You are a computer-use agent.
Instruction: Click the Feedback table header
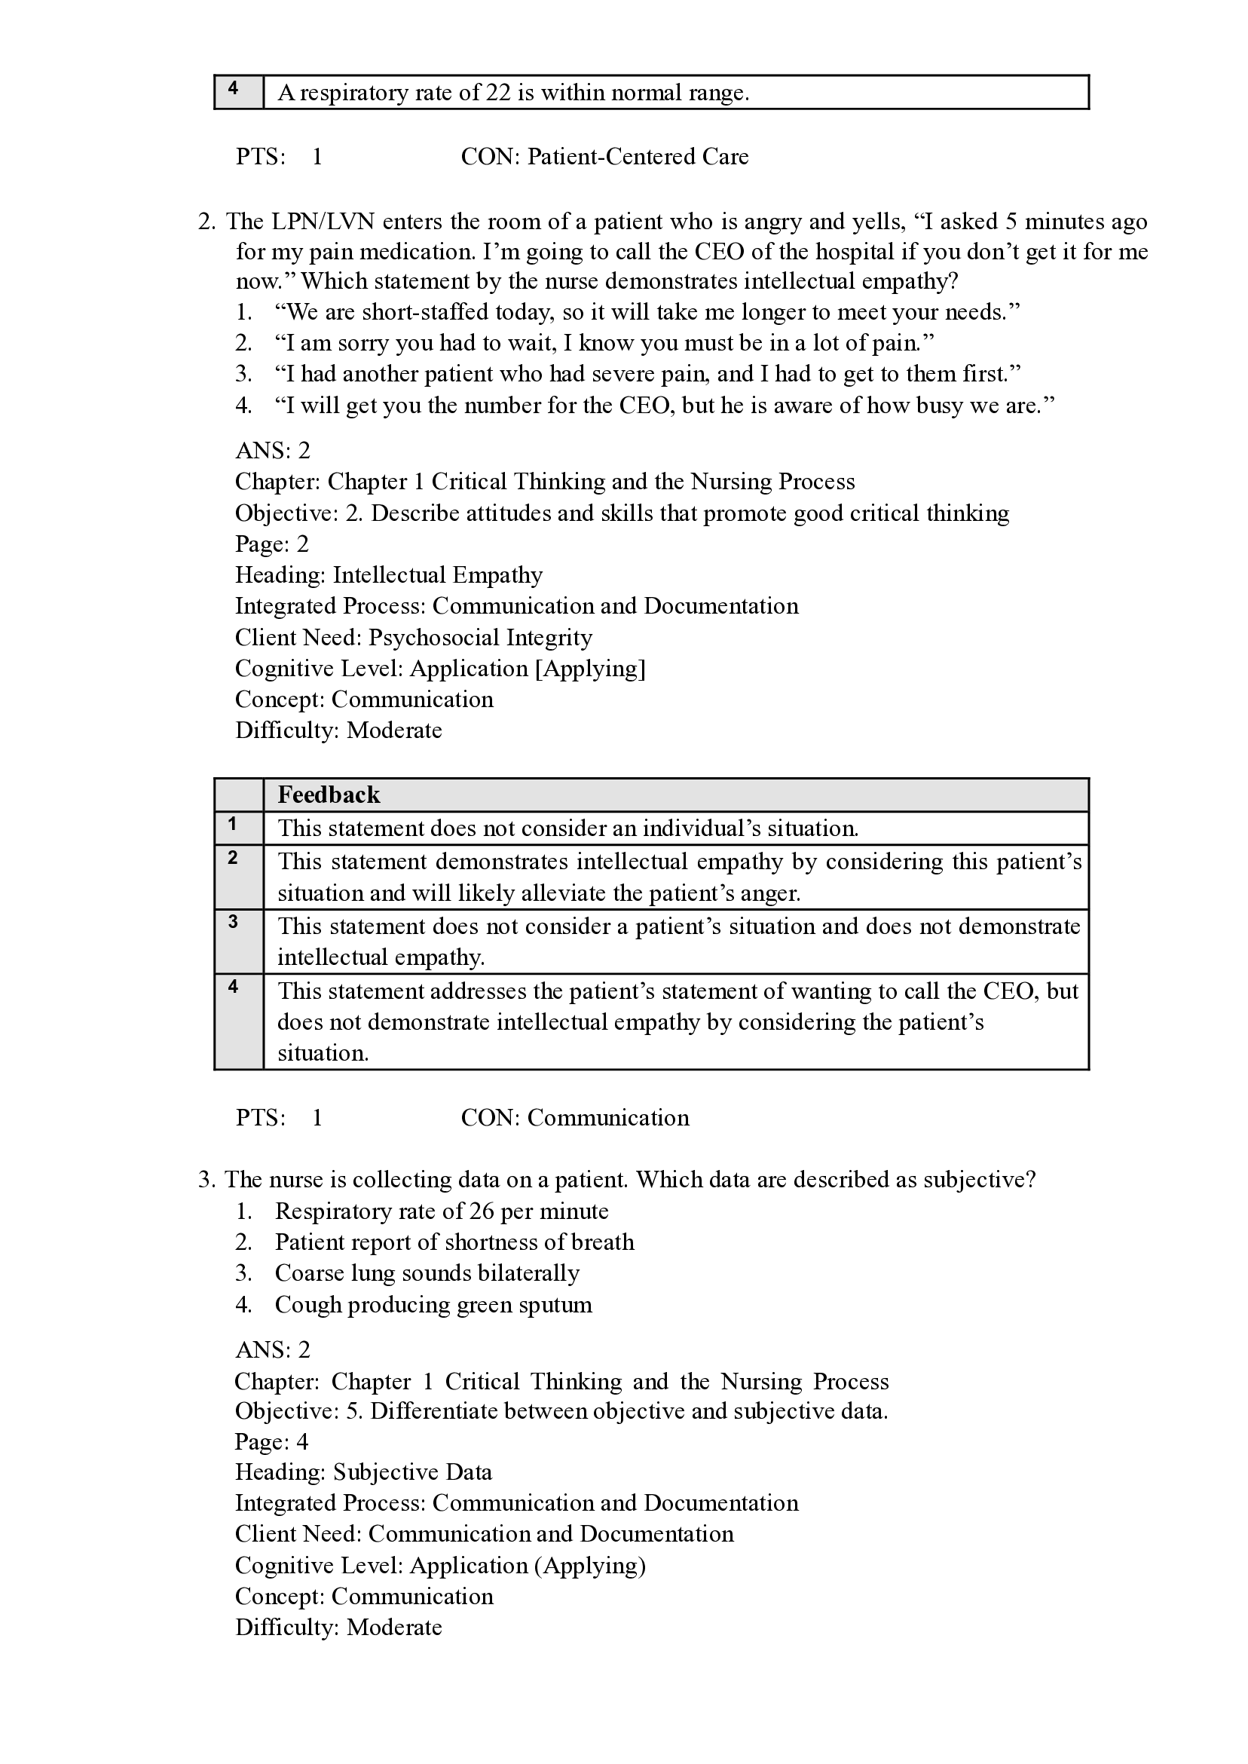tap(329, 795)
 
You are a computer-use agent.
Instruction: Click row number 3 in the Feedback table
tap(233, 922)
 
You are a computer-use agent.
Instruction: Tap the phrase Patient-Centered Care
tap(637, 157)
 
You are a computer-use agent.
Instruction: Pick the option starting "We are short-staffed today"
tap(647, 312)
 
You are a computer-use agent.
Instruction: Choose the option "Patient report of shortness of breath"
tap(454, 1242)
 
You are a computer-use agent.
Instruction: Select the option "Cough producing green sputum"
tap(433, 1304)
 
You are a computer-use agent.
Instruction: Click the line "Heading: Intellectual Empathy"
tap(389, 575)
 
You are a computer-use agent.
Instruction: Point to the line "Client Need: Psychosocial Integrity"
tap(414, 637)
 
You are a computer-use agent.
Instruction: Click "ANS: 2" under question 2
tap(273, 450)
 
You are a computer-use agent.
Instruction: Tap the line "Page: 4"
tap(271, 1441)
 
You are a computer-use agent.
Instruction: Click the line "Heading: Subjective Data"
tap(363, 1472)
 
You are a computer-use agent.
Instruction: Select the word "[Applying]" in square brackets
tap(589, 669)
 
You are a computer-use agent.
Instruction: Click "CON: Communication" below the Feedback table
tap(575, 1118)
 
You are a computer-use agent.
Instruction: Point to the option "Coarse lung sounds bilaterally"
tap(427, 1272)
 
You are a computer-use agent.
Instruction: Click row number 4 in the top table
tap(233, 88)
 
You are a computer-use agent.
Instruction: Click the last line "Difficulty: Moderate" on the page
tap(339, 1628)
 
